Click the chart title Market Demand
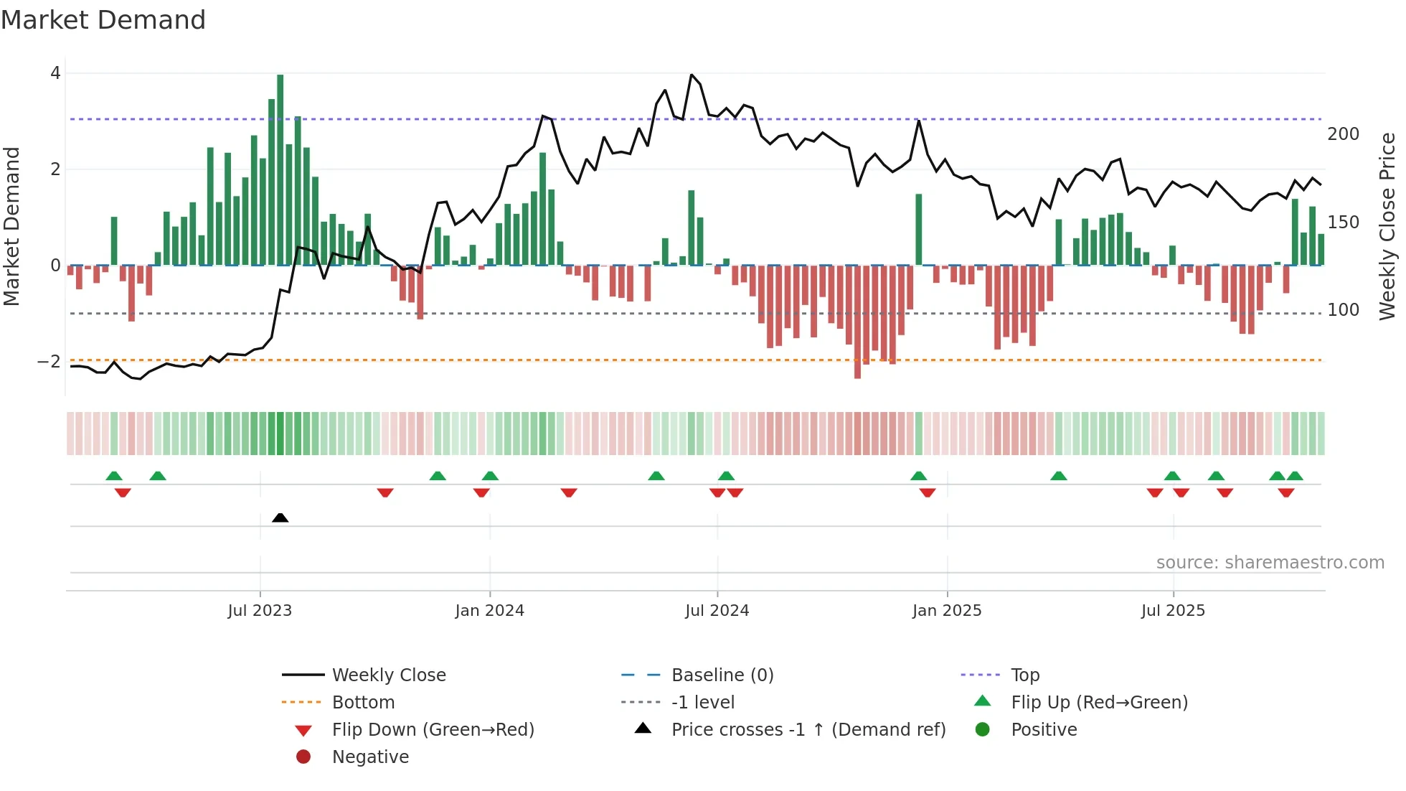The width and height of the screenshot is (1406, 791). (103, 20)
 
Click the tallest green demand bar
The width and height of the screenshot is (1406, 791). (280, 169)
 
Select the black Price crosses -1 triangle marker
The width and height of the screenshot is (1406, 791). (280, 518)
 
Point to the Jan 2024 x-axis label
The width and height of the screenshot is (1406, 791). (489, 611)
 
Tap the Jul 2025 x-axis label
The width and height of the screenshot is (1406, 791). (1173, 611)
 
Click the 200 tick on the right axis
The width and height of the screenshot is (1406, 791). (1343, 134)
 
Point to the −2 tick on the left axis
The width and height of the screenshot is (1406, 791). (49, 361)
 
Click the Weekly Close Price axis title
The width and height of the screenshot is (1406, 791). (1387, 226)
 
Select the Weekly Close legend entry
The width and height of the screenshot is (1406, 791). (388, 675)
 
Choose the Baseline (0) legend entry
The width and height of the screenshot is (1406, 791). (722, 675)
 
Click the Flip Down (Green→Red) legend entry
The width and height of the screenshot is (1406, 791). (433, 730)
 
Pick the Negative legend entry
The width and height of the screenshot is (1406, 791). (370, 757)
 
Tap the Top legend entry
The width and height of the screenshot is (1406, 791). (1024, 675)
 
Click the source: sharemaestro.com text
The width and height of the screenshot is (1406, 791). (1270, 563)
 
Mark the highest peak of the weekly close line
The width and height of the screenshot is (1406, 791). (692, 75)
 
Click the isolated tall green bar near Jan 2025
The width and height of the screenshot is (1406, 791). (918, 230)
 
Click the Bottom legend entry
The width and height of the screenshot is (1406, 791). (363, 703)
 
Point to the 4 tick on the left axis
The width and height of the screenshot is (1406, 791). (55, 73)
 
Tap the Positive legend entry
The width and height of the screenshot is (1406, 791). (1043, 730)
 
